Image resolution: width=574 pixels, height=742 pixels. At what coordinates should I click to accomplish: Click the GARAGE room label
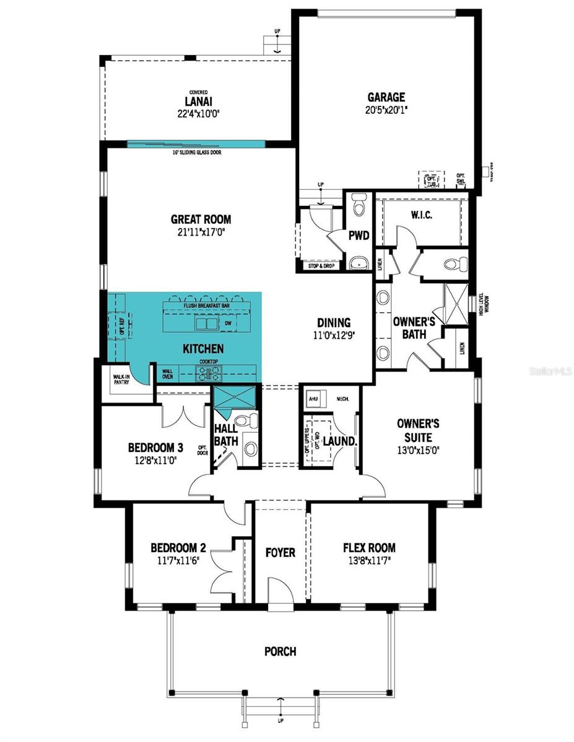(386, 97)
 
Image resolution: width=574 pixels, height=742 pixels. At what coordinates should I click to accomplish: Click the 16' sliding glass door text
(197, 152)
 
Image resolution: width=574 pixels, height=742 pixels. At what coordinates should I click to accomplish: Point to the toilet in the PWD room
(358, 205)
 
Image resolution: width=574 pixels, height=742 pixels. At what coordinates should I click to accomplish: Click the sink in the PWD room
(357, 263)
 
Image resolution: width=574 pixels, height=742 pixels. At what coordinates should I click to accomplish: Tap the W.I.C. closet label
(421, 216)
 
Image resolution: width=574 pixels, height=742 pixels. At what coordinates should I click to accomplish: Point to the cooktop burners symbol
(205, 372)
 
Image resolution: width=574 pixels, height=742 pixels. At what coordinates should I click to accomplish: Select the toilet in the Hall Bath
(250, 421)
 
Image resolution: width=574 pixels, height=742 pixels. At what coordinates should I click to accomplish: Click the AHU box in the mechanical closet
(313, 399)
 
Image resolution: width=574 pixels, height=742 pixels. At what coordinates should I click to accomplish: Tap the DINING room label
(334, 323)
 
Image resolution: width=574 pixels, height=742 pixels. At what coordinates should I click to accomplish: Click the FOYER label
(280, 552)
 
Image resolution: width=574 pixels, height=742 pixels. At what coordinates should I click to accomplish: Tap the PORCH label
(280, 651)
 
